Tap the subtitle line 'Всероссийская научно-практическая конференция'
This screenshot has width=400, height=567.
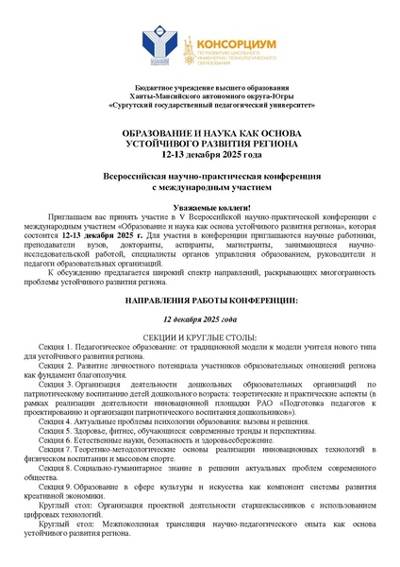pos(200,176)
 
